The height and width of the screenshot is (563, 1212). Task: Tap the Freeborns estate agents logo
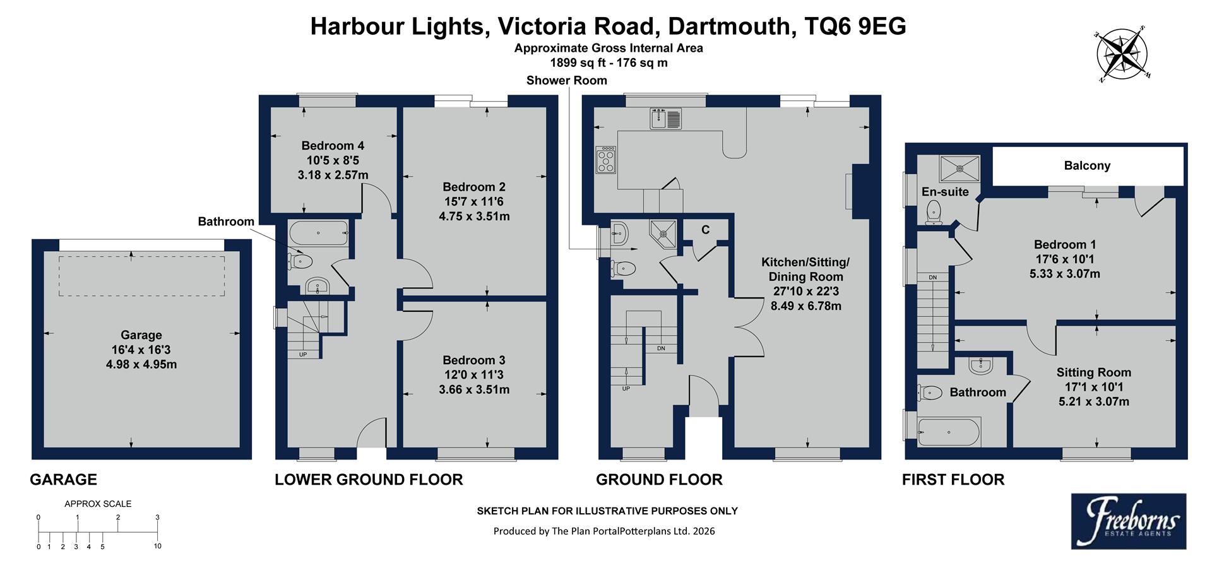[1128, 521]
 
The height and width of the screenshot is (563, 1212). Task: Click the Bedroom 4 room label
[333, 146]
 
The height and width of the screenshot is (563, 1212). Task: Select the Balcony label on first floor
[1086, 166]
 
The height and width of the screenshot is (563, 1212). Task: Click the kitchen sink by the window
[665, 119]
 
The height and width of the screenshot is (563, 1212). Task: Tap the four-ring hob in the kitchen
[606, 159]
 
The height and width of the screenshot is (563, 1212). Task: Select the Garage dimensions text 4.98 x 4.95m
[141, 364]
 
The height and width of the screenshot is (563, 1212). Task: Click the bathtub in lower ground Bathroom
[318, 233]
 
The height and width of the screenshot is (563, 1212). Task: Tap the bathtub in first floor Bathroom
[948, 432]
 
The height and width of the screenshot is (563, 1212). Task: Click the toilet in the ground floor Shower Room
[623, 269]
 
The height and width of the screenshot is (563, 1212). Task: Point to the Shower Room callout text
[566, 80]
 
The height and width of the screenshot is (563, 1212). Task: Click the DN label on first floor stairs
[932, 278]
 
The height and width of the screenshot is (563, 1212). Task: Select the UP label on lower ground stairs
[303, 355]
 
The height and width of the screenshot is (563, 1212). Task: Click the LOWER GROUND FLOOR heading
[369, 480]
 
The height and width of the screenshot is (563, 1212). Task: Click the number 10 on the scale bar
[157, 546]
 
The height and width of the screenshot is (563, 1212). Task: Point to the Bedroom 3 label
[473, 360]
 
